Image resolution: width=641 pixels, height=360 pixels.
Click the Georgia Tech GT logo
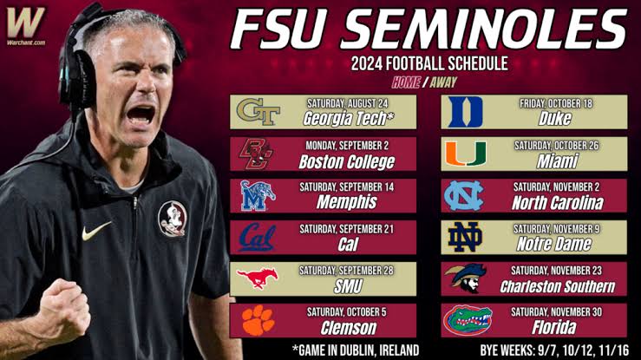258,112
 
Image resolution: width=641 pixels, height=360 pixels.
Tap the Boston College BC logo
257,154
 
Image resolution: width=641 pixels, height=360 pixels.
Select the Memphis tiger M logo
258,196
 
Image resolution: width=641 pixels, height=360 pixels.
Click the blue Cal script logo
257,238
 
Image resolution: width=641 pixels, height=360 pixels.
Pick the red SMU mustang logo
257,278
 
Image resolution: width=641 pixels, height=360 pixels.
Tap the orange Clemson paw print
258,320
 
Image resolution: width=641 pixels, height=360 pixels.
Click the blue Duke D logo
465,112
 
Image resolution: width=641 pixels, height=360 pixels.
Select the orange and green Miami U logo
466,154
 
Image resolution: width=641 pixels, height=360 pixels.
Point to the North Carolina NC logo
464,196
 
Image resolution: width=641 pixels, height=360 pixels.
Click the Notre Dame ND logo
465,238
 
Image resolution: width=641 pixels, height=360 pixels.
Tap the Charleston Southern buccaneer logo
466,278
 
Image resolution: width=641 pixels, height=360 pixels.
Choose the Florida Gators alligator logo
468,320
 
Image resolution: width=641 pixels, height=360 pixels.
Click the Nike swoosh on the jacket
96,232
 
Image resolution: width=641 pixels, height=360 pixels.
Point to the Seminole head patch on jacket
173,219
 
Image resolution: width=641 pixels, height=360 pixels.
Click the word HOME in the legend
406,82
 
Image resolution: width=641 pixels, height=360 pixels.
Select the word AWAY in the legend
443,82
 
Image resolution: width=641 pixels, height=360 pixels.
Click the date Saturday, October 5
346,312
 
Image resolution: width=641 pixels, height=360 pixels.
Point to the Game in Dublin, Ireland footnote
356,350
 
